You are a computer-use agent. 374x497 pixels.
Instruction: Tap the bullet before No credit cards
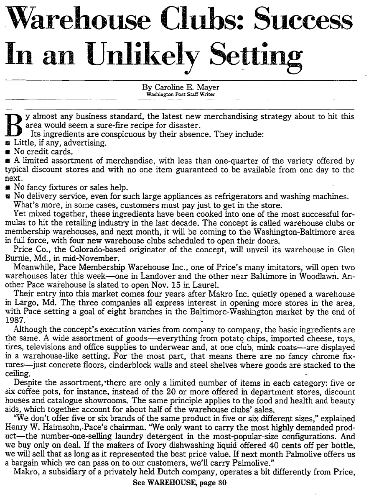click(x=8, y=151)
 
